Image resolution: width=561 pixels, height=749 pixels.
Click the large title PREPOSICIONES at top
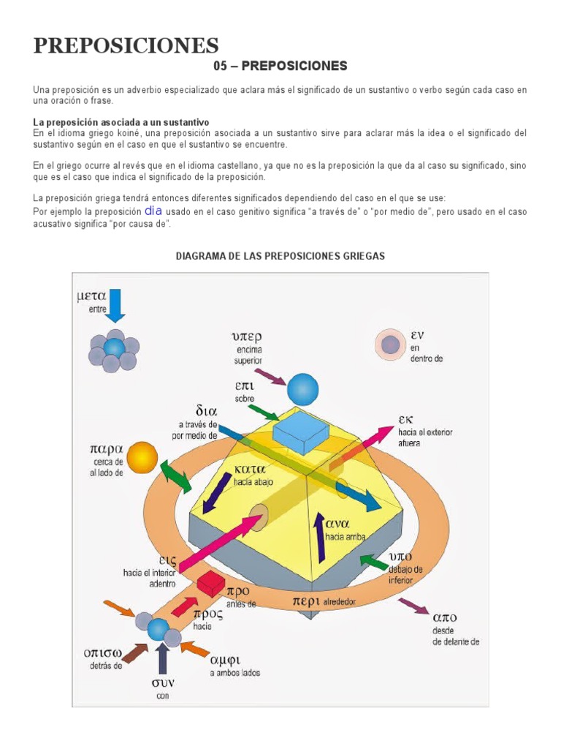(126, 45)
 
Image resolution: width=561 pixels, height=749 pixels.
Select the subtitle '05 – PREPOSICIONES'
(280, 67)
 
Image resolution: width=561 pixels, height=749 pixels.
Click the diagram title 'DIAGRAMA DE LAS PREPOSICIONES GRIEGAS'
(280, 256)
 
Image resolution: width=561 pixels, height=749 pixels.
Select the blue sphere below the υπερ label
(302, 389)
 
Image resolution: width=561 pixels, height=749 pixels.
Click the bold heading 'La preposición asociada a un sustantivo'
(121, 121)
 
